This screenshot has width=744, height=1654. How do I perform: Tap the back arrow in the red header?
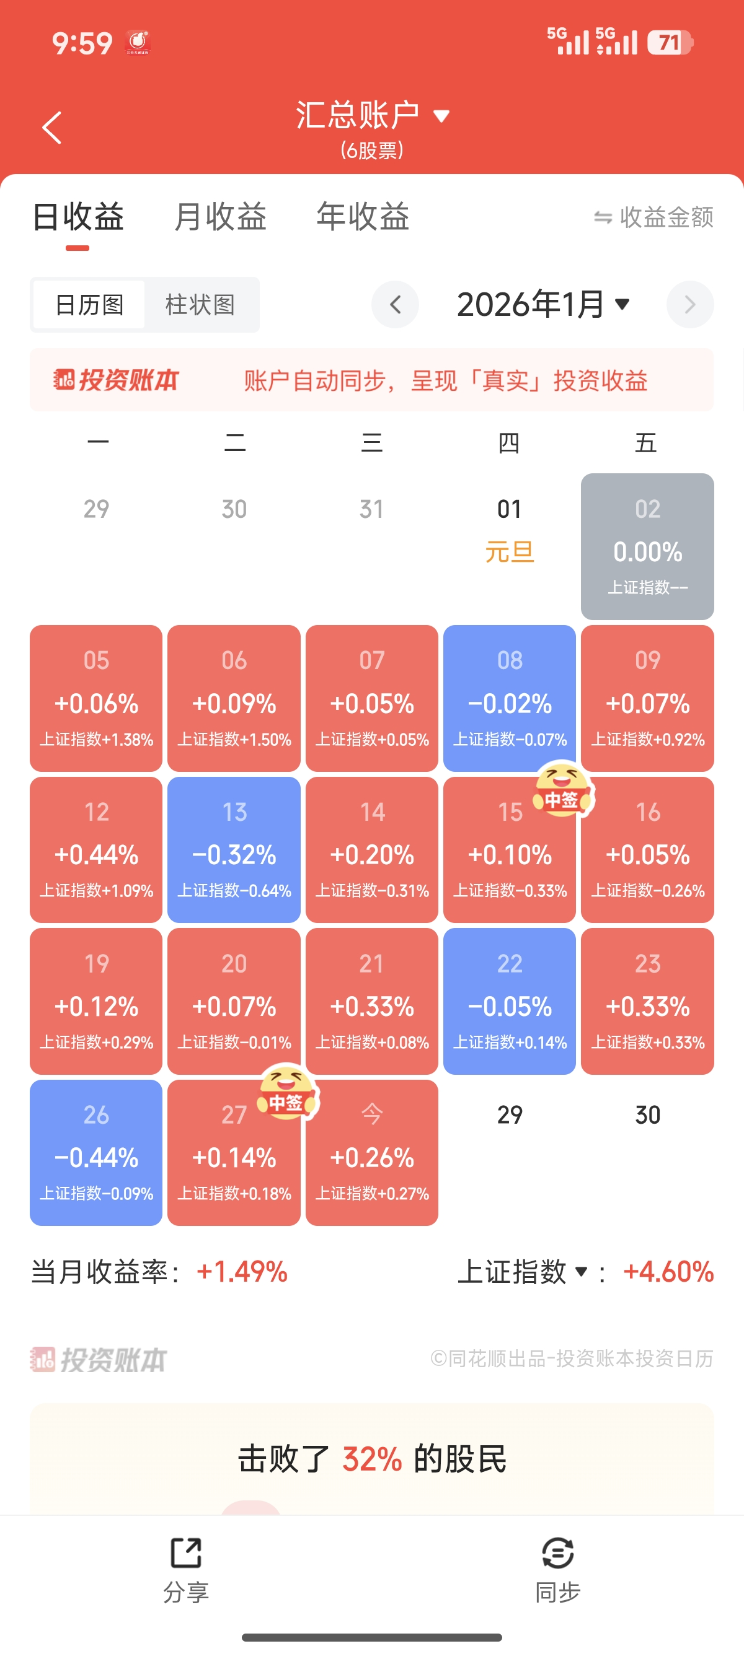tap(52, 128)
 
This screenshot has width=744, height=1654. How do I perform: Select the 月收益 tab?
tap(220, 216)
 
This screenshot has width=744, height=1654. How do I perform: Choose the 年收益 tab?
tap(363, 216)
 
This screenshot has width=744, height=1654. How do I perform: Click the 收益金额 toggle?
tap(653, 217)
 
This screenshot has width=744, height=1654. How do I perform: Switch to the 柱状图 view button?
tap(200, 304)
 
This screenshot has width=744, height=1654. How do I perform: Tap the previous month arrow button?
tap(395, 304)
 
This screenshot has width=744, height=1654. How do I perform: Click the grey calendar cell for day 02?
tap(647, 546)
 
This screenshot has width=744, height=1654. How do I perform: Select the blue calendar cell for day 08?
tap(510, 698)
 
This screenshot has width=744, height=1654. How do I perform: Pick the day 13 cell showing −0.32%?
tap(234, 849)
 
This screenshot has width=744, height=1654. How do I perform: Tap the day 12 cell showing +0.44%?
tap(96, 849)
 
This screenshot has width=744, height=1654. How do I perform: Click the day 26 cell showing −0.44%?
tap(96, 1153)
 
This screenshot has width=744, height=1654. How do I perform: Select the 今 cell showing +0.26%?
tap(372, 1153)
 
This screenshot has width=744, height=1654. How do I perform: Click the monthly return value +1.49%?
tap(242, 1271)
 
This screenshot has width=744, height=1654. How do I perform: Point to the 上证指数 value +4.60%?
tap(668, 1271)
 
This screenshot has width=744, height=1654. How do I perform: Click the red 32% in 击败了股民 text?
tap(372, 1459)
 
